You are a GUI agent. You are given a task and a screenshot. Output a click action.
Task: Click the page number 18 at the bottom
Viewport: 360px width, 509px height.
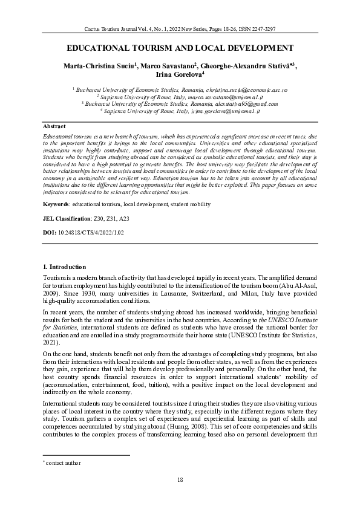[x=180, y=479]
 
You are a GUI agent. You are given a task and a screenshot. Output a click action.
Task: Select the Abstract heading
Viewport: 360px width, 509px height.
[x=54, y=126]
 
